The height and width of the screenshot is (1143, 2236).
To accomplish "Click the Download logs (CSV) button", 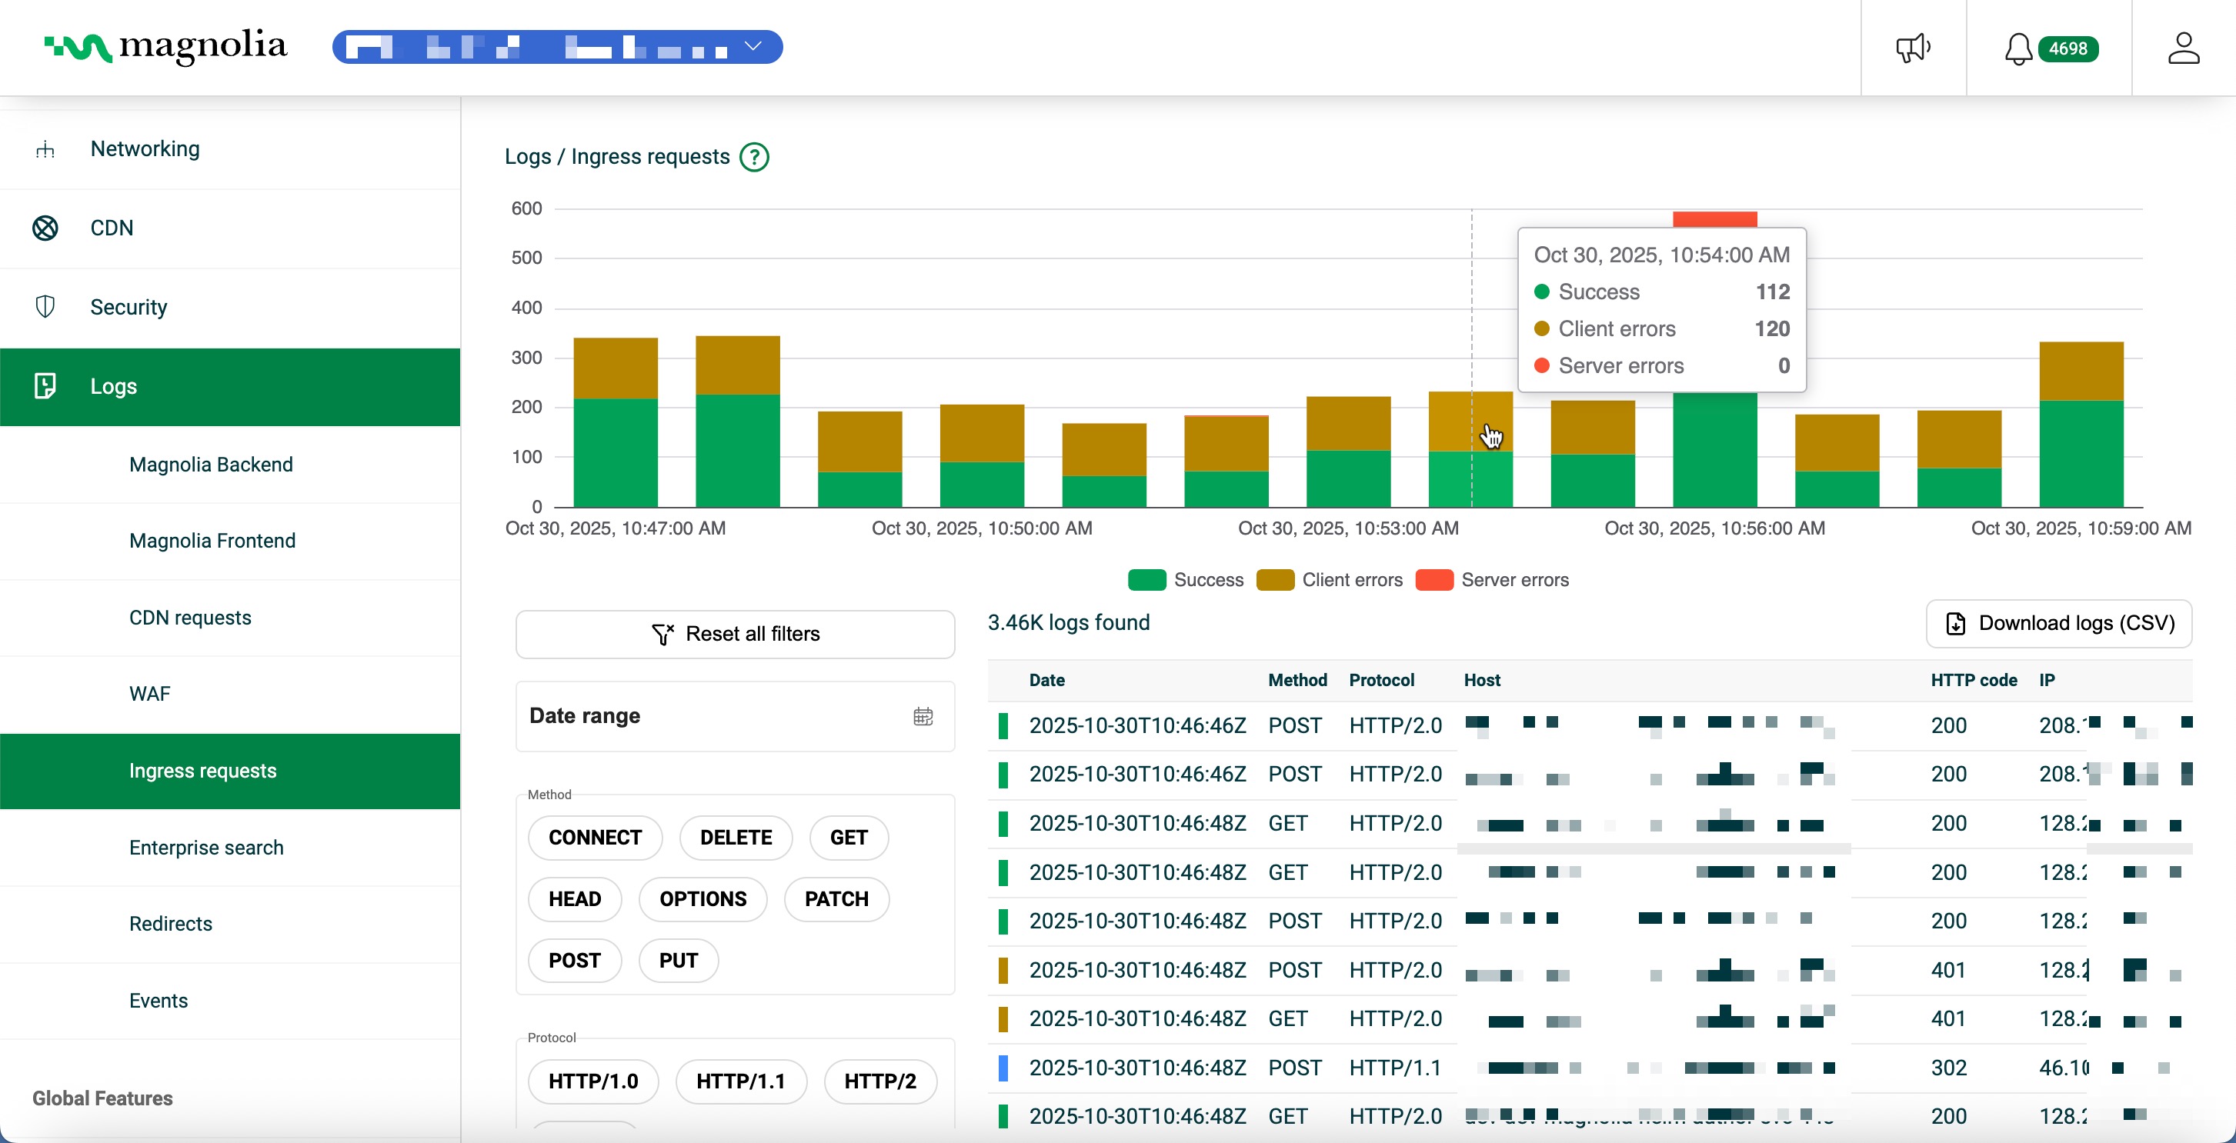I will coord(2058,623).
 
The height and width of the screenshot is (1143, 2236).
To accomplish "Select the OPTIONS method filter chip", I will coord(703,898).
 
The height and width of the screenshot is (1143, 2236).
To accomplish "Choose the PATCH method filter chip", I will coord(835,898).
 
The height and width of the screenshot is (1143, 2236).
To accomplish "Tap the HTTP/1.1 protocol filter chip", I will coord(740,1081).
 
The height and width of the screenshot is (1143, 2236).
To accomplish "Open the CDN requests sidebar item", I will coord(190,617).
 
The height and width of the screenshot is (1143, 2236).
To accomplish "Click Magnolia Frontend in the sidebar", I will coord(212,541).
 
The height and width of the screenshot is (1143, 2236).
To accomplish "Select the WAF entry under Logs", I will coord(149,694).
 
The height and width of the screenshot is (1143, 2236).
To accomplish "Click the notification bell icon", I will coord(2017,48).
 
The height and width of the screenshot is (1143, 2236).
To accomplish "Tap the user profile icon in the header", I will coord(2183,48).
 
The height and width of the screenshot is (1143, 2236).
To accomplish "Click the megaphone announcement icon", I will coord(1912,48).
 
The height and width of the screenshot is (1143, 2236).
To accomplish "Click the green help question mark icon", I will coord(753,157).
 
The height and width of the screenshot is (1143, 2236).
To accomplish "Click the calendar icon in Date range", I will coord(923,716).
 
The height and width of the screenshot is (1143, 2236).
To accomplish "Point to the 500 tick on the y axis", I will coord(526,258).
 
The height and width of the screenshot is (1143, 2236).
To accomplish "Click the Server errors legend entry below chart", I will coord(1492,580).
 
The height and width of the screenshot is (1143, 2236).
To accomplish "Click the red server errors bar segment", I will coord(1714,218).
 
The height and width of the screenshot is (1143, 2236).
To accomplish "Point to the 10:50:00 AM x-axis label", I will coord(981,528).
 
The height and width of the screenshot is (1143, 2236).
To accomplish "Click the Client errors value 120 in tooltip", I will coord(1770,329).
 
